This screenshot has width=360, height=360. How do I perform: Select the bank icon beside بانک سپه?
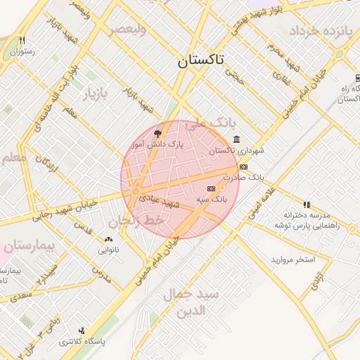212,189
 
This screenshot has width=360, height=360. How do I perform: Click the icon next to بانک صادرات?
243,167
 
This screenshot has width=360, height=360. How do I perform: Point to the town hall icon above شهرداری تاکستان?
235,139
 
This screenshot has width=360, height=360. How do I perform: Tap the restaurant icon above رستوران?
22,41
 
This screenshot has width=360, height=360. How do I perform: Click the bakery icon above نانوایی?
108,239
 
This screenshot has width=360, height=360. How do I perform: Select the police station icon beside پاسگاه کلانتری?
82,330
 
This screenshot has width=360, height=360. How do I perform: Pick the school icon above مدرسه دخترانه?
306,204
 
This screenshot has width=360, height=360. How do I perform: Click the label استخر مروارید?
293,260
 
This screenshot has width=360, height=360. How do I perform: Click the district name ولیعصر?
127,30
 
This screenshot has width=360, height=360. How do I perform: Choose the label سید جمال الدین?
192,302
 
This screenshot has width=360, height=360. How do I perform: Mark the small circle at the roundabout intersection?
134,191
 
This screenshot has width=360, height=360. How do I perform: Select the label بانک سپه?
211,200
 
